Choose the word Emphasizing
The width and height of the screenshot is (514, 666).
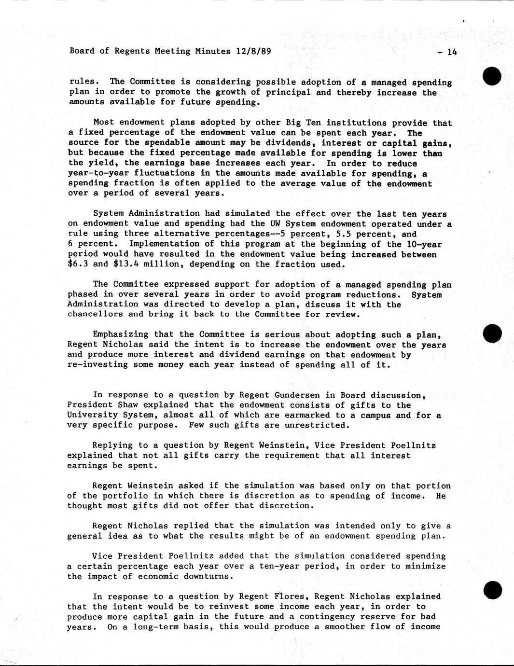(121, 334)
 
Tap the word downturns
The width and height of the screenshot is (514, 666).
(209, 576)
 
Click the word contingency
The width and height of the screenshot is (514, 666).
(330, 616)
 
